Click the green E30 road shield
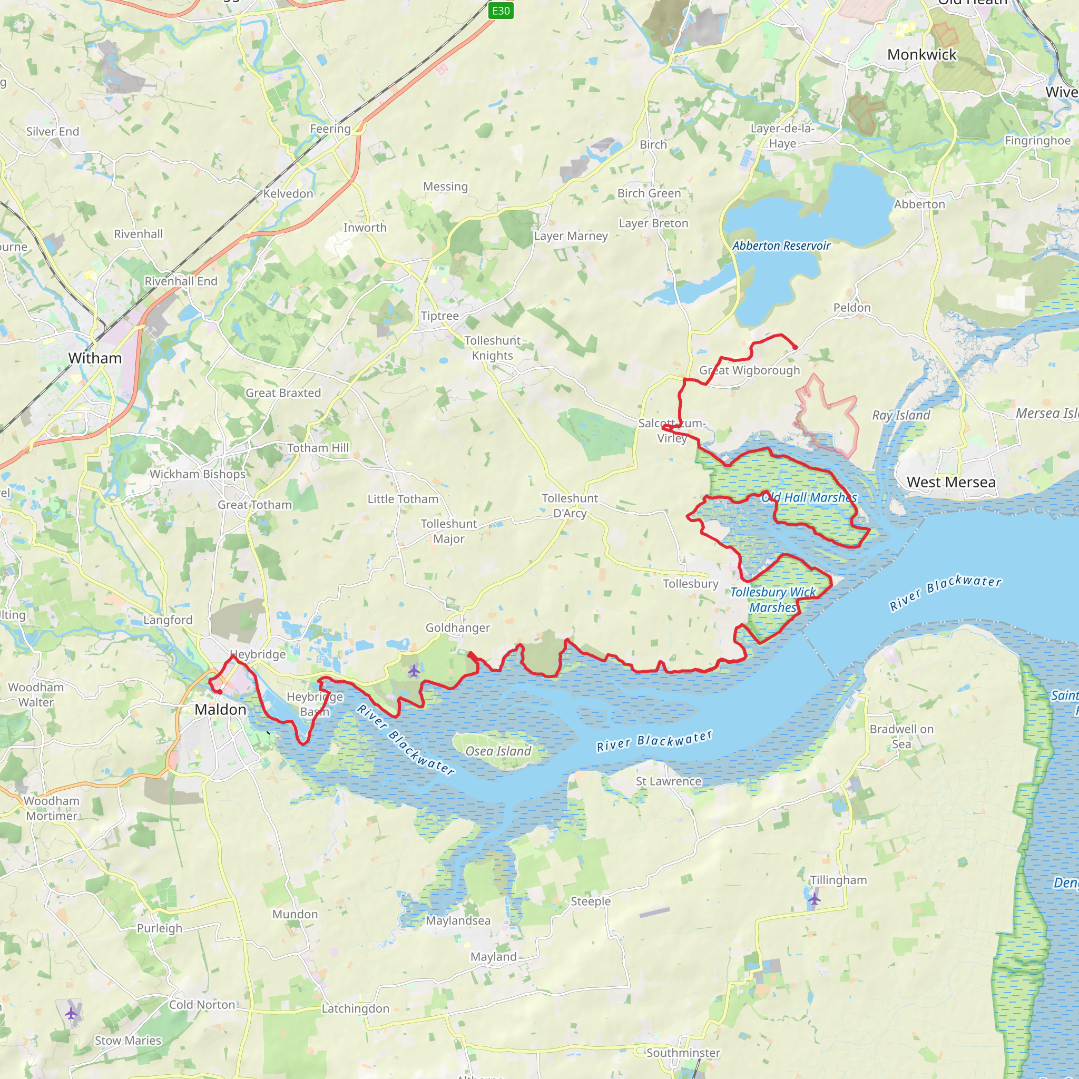click(x=501, y=11)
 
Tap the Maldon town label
click(x=220, y=709)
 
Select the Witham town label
click(x=95, y=358)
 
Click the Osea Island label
click(x=498, y=751)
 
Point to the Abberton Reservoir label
click(x=781, y=246)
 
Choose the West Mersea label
click(x=950, y=482)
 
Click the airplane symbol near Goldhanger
click(x=413, y=670)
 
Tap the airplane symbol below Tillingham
click(x=815, y=899)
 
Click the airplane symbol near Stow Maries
click(x=71, y=1013)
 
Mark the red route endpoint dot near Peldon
click(x=794, y=347)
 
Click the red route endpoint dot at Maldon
click(x=220, y=692)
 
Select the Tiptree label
click(x=439, y=316)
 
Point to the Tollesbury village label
click(x=690, y=584)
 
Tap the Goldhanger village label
click(x=457, y=627)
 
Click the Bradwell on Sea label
click(x=901, y=736)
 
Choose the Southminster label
click(x=683, y=1052)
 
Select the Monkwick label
click(x=921, y=55)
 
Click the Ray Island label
click(x=901, y=415)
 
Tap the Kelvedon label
click(x=288, y=194)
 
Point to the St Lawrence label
click(x=668, y=781)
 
